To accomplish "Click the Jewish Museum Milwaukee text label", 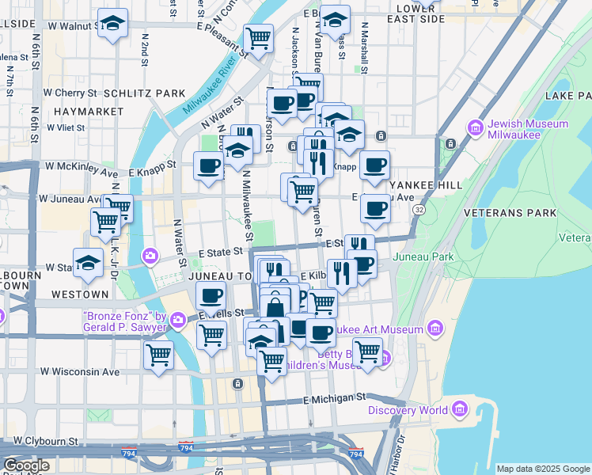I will point(528,130).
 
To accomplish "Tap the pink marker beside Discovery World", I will point(460,409).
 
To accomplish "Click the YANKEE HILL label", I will point(434,184).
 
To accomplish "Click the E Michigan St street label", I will point(338,396).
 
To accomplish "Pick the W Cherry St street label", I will point(70,93).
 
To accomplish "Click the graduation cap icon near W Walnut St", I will point(114,24).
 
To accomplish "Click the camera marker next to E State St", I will point(150,256).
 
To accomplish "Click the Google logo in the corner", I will point(25,465).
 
